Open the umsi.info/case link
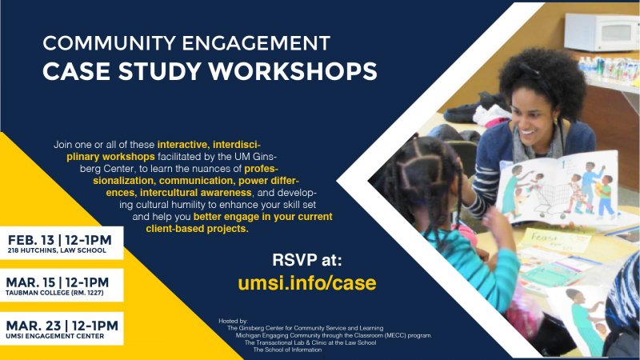[x=307, y=282]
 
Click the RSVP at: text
[x=308, y=259]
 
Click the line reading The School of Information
[x=287, y=350]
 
